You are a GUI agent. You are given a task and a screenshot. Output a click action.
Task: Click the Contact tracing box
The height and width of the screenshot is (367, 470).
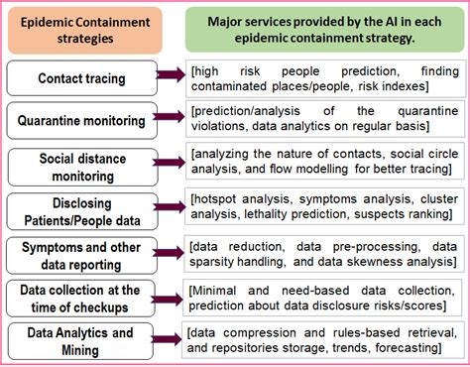click(80, 77)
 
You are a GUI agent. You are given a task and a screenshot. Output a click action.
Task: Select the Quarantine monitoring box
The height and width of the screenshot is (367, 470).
click(80, 121)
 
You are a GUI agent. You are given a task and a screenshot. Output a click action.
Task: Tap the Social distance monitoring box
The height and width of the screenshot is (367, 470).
click(80, 165)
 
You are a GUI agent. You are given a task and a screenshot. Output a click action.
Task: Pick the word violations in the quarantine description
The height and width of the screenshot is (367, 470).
click(223, 127)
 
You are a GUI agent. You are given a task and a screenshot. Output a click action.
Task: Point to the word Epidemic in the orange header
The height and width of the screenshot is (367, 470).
click(50, 21)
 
